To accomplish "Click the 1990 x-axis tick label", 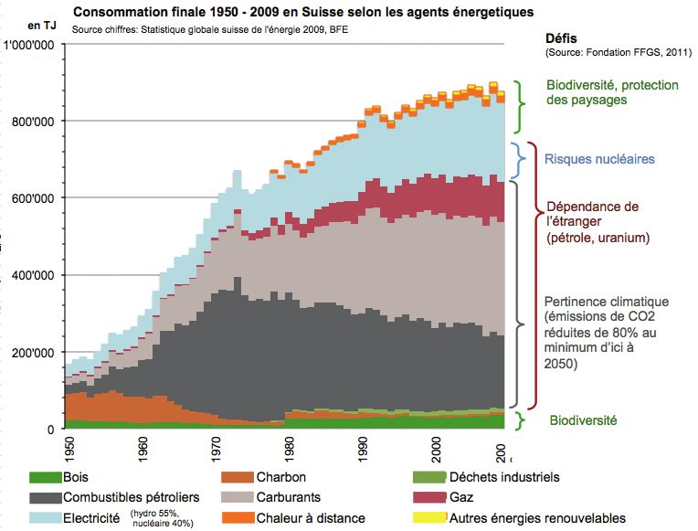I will [363, 450].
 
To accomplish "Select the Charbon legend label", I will [280, 477].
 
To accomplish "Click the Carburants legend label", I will [295, 497].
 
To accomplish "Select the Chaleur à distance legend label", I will [312, 518].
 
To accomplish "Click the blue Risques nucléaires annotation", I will [598, 159].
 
